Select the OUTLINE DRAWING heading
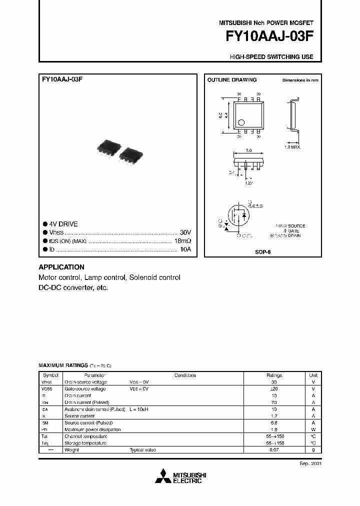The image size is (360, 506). [232, 80]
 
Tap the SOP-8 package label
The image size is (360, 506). [262, 252]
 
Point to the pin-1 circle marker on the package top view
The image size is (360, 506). [241, 121]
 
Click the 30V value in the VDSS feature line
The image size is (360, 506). [185, 233]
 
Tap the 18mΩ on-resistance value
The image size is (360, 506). [182, 241]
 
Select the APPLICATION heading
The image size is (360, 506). [61, 267]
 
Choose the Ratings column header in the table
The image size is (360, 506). [274, 375]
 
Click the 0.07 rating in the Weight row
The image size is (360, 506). [274, 450]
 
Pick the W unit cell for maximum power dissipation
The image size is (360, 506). [313, 429]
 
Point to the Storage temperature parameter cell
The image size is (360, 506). [85, 443]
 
